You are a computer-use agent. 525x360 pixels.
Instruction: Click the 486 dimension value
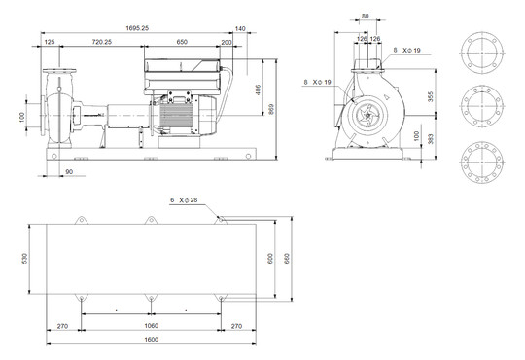point(258,89)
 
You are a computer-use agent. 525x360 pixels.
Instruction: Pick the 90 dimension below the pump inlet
point(68,172)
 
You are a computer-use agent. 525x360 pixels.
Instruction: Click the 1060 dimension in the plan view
point(150,325)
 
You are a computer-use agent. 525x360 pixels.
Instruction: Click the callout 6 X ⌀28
point(185,199)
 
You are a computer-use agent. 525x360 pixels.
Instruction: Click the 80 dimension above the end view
point(365,17)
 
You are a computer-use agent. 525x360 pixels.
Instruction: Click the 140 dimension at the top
point(240,29)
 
